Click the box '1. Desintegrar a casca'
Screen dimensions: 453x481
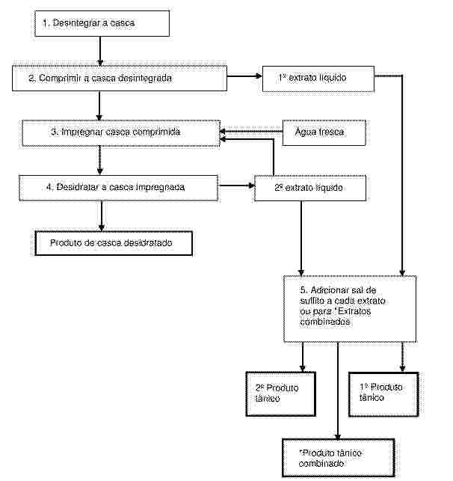pyautogui.click(x=102, y=24)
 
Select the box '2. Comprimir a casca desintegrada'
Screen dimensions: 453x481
pyautogui.click(x=120, y=79)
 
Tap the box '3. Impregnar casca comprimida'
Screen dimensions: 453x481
pyautogui.click(x=121, y=133)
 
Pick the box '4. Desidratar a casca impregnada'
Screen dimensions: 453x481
pyautogui.click(x=119, y=188)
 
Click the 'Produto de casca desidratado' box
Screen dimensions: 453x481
pyautogui.click(x=114, y=243)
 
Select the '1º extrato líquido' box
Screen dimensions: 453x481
pyautogui.click(x=318, y=79)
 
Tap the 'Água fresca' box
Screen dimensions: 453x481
pyautogui.click(x=324, y=133)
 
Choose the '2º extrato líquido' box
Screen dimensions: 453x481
pyautogui.click(x=310, y=188)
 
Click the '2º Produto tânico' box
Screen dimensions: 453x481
pyautogui.click(x=280, y=394)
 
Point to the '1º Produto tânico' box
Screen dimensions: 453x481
pyautogui.click(x=383, y=394)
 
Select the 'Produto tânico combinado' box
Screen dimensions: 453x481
pyautogui.click(x=338, y=458)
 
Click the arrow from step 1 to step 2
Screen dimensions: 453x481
pyautogui.click(x=100, y=51)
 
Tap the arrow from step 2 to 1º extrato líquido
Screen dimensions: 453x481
pyautogui.click(x=244, y=76)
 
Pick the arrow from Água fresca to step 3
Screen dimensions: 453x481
pyautogui.click(x=251, y=132)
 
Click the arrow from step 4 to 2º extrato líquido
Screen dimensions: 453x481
pyautogui.click(x=237, y=186)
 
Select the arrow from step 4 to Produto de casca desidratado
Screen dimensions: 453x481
pyautogui.click(x=102, y=216)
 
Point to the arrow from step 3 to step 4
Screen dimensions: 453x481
pyautogui.click(x=99, y=161)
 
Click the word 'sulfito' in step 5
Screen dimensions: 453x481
pyautogui.click(x=312, y=301)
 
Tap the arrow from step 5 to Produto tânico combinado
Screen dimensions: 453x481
pyautogui.click(x=338, y=390)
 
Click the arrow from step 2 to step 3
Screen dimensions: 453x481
pyautogui.click(x=99, y=105)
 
